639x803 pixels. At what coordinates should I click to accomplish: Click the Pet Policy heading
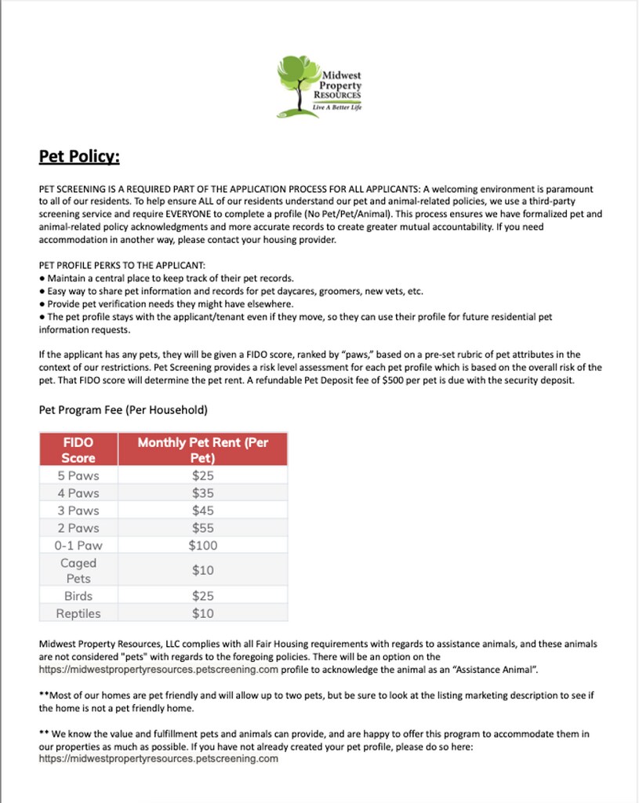79,157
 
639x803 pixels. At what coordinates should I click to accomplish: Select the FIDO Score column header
78,450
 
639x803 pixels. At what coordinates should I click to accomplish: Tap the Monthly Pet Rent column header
202,450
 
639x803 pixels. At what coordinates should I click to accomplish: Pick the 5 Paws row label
78,476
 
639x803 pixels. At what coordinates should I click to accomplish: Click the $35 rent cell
202,493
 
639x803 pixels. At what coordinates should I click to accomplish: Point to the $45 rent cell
202,511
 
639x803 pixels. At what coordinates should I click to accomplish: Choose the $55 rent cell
202,528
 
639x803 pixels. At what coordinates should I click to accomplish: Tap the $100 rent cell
202,545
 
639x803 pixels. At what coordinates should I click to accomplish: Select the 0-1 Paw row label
78,545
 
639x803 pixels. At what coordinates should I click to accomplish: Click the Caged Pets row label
78,570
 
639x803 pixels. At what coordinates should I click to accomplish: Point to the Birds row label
78,596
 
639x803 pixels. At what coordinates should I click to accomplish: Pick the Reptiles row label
78,613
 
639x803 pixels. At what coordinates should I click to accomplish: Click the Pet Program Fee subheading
123,410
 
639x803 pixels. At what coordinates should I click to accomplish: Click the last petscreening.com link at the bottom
158,758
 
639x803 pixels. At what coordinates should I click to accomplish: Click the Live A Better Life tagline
337,107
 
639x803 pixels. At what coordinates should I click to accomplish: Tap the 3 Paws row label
78,511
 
